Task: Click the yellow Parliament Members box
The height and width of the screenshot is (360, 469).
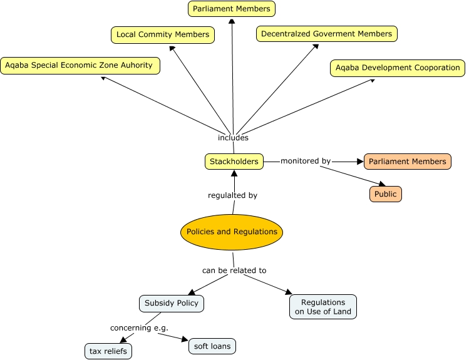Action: coord(232,9)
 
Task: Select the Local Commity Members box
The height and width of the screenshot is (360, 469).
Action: coord(163,34)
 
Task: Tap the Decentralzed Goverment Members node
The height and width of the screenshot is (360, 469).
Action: coord(326,34)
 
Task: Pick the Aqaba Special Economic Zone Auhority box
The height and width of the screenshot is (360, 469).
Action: coord(80,65)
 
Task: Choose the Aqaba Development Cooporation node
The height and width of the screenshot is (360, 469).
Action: coord(397,68)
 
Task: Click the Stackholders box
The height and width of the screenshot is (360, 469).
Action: coord(234,162)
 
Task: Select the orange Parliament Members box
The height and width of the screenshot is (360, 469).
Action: coord(407,162)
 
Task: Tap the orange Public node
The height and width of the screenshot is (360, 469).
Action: coord(385,194)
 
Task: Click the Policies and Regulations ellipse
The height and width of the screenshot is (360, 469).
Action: coord(232,232)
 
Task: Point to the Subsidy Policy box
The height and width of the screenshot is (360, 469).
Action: coord(171,303)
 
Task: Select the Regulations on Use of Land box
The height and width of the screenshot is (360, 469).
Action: coord(323,307)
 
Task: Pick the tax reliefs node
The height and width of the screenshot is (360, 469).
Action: coord(108,351)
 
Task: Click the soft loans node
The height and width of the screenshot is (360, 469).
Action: coord(212,346)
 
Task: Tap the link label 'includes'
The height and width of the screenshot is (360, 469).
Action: coord(233,138)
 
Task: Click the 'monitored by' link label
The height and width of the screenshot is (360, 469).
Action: coord(305,161)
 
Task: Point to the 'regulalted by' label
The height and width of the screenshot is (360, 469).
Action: coord(232,195)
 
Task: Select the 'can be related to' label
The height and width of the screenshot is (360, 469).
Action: coord(234,270)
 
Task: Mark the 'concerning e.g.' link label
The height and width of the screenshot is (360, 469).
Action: coord(139,327)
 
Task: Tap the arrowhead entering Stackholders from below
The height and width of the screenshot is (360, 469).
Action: coord(234,173)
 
